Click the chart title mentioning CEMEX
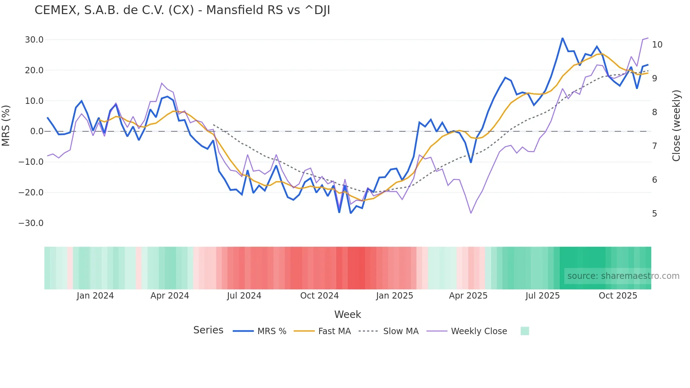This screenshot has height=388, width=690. click(x=182, y=10)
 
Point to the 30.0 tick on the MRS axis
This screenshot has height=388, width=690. click(x=34, y=40)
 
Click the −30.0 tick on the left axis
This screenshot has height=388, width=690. click(x=31, y=223)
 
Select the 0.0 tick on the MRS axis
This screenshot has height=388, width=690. click(x=37, y=131)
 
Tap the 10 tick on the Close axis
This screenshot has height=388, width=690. click(x=657, y=45)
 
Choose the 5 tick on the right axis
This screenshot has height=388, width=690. click(x=654, y=214)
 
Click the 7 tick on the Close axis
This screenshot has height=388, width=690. click(x=654, y=146)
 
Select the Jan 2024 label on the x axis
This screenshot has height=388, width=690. click(x=95, y=296)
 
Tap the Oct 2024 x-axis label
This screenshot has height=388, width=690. click(x=319, y=296)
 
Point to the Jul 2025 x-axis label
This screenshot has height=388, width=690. click(x=542, y=296)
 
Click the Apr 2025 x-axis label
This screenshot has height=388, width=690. click(x=468, y=296)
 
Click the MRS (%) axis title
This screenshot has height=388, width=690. click(x=6, y=125)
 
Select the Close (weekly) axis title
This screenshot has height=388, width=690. click(x=676, y=126)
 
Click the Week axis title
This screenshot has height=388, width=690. click(x=347, y=314)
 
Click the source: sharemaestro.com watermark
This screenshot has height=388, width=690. click(x=623, y=276)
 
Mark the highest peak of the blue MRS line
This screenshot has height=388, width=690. click(x=562, y=38)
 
